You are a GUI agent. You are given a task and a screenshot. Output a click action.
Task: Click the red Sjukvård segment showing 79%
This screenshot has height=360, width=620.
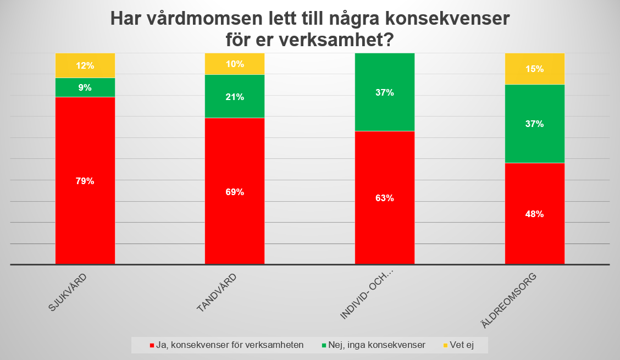[85, 180]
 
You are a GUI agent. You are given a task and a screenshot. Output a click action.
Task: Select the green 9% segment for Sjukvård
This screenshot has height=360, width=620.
[85, 87]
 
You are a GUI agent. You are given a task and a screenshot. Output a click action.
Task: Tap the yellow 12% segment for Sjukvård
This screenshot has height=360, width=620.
[85, 65]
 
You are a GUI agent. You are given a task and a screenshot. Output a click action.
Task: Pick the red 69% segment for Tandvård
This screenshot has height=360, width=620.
[235, 191]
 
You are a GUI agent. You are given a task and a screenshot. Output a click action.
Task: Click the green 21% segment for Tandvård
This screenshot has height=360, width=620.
[235, 96]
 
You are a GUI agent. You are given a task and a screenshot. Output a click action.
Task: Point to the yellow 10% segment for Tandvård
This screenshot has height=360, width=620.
[235, 64]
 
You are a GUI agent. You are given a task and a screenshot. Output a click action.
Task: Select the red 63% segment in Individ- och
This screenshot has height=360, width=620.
[385, 198]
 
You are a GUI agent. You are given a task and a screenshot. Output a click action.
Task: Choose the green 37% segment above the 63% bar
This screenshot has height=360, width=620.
[385, 92]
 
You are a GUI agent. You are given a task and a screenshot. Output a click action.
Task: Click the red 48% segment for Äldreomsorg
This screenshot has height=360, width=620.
[534, 214]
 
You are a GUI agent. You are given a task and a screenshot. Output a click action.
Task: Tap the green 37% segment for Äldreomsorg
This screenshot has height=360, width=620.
[534, 124]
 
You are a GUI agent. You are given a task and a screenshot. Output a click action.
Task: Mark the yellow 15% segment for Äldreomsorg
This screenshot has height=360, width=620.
[534, 69]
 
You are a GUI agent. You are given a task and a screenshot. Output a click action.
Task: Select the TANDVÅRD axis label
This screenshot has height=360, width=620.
[216, 293]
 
